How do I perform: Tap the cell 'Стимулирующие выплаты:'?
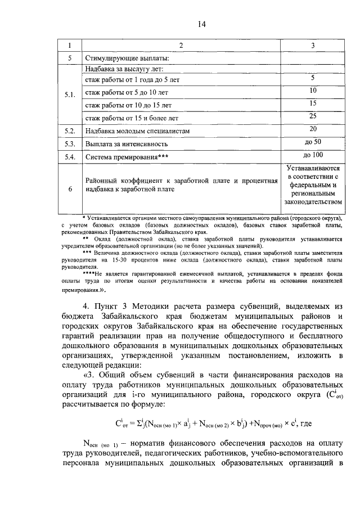click(x=126, y=58)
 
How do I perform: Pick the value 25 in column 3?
click(x=313, y=116)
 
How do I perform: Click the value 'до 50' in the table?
click(x=313, y=142)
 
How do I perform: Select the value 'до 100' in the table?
click(x=313, y=155)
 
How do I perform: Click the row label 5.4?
click(x=70, y=157)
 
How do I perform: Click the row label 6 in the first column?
click(x=70, y=190)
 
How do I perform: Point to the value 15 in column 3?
click(x=313, y=103)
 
